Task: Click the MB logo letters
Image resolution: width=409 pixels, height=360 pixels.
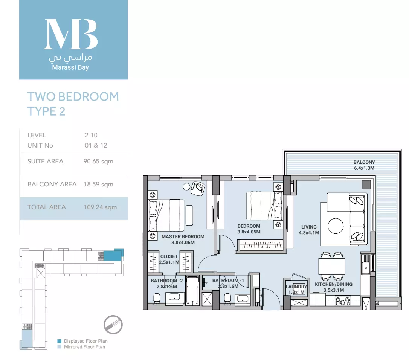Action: tap(70, 34)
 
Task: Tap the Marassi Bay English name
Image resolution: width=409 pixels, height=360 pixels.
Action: tap(70, 67)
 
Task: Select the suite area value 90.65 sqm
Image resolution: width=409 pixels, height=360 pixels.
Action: tap(98, 162)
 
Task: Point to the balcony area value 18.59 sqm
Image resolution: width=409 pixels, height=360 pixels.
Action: tap(98, 185)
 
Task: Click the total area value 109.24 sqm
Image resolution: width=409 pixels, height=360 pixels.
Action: tap(100, 207)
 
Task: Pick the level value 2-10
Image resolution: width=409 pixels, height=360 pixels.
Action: tap(91, 135)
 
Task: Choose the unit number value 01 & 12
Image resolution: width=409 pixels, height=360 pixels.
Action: tap(96, 145)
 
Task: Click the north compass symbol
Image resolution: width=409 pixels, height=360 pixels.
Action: tap(113, 325)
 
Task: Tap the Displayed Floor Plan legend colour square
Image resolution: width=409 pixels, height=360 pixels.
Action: tap(60, 341)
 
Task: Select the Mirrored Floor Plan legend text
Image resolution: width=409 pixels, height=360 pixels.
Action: tap(84, 347)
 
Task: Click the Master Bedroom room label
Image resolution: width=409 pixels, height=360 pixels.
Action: tap(183, 236)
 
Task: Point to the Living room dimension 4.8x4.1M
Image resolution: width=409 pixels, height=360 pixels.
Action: tap(309, 233)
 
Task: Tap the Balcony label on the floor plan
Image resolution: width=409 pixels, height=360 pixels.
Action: tap(364, 162)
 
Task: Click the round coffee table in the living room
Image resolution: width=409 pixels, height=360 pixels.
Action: tap(336, 226)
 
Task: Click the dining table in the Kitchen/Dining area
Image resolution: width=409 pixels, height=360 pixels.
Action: tap(332, 266)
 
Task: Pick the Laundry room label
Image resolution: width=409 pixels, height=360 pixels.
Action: tap(296, 287)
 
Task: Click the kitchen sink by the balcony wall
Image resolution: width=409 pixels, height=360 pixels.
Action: tap(365, 268)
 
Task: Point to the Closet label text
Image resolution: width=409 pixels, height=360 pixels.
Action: tap(169, 256)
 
